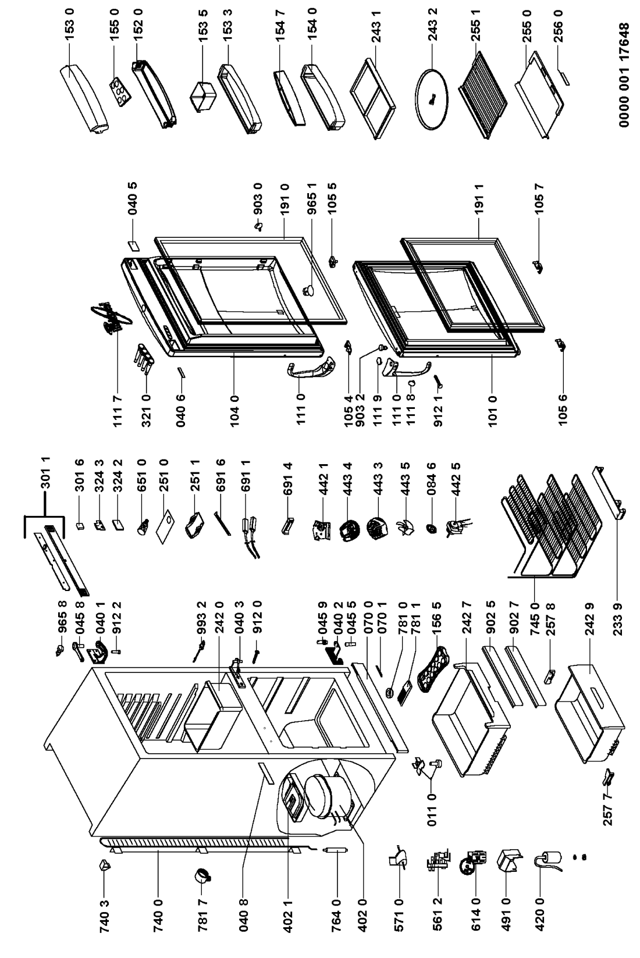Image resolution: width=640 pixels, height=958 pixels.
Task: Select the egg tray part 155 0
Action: (120, 92)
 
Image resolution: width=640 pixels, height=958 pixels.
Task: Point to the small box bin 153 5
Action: (201, 97)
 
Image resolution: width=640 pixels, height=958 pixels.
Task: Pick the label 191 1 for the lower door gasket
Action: (479, 200)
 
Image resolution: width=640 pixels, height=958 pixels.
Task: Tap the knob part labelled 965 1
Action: (308, 290)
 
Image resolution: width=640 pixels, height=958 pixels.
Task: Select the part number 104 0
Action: (234, 411)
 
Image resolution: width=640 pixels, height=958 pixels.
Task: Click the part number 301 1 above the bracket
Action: (46, 472)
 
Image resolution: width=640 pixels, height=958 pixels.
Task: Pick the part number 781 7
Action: (202, 914)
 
